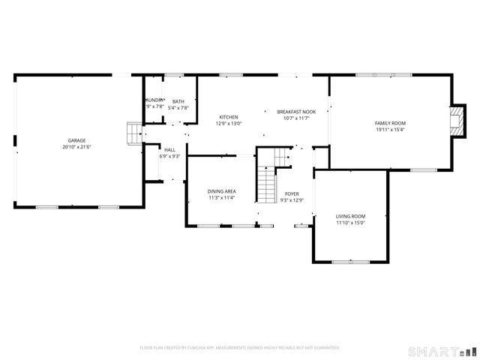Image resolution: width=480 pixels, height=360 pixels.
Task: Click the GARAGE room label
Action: coord(76,140)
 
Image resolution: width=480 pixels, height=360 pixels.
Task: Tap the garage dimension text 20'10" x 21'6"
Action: coord(76,147)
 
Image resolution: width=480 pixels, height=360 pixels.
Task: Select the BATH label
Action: coord(178,101)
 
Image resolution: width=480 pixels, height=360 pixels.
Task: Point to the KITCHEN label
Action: coord(229,117)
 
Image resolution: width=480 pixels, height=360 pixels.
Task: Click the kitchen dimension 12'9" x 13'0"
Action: coord(229,124)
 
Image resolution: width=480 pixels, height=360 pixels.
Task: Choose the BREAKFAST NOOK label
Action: coord(296,112)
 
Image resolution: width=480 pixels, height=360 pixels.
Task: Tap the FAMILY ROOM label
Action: coord(390,123)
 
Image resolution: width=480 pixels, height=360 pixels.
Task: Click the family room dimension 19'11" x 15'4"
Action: coord(390,130)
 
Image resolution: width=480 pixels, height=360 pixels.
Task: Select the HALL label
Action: coord(170,149)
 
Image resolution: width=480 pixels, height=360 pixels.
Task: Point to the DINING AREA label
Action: coord(222,191)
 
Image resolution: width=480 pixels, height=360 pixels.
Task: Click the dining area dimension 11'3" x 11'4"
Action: coord(222,198)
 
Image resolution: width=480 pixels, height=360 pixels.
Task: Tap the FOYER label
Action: coord(291,193)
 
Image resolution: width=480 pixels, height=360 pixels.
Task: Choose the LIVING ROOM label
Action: coord(350,216)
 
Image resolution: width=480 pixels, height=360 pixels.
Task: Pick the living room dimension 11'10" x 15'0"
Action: coord(350,223)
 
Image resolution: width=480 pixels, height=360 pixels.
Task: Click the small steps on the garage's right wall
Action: coord(133,133)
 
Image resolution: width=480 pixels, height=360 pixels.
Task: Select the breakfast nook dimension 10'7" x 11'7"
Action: coord(296,118)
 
